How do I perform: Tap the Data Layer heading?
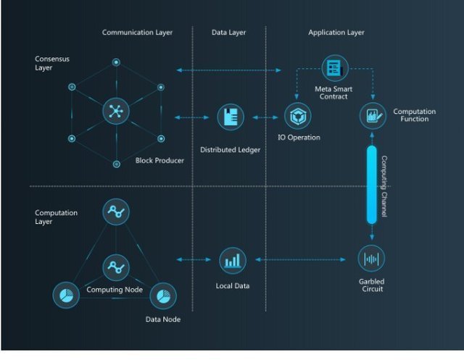pos(228,33)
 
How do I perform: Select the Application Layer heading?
pos(336,33)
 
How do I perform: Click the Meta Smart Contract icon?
pos(334,68)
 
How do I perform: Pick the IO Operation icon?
pos(297,116)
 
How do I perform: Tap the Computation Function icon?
pos(372,116)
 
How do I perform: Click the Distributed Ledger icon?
pos(231,117)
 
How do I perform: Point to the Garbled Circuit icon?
pos(372,259)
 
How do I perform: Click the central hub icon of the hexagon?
pos(115,112)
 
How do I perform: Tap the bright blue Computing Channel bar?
pos(372,184)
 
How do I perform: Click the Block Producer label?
pos(159,160)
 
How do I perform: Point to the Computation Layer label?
pos(56,217)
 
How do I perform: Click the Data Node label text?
pos(163,319)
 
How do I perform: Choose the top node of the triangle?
pos(115,212)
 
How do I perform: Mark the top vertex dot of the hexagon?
pos(116,63)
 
